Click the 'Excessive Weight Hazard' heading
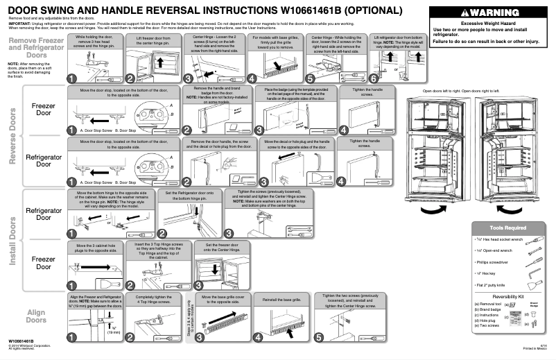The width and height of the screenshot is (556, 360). point(486,24)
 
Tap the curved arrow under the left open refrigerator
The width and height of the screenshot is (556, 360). point(434,209)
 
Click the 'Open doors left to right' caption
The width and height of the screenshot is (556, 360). point(441,91)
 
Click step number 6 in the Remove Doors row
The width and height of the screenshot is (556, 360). point(375,79)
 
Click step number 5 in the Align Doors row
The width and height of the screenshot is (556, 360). point(320,338)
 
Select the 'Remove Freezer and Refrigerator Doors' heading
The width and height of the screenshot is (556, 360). point(37,47)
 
